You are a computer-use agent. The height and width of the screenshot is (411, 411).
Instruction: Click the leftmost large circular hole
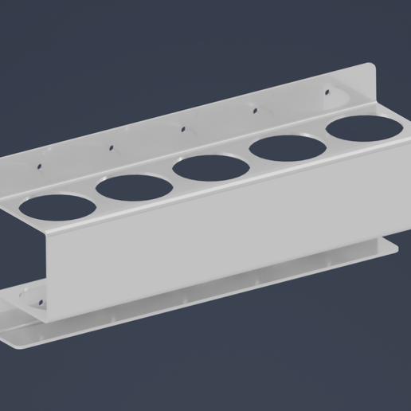(57, 205)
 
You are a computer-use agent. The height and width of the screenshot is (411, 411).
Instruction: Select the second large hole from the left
(134, 187)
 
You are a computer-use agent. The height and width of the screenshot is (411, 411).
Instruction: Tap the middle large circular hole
(210, 167)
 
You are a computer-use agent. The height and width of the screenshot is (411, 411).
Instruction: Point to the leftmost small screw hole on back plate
(37, 166)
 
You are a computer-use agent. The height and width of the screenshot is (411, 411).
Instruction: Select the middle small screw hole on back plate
(183, 128)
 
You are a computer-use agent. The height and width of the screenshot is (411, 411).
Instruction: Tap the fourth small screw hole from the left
(255, 110)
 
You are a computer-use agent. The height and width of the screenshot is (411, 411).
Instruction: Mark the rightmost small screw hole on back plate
(326, 92)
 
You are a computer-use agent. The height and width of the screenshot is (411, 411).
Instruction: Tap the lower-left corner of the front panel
(49, 318)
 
